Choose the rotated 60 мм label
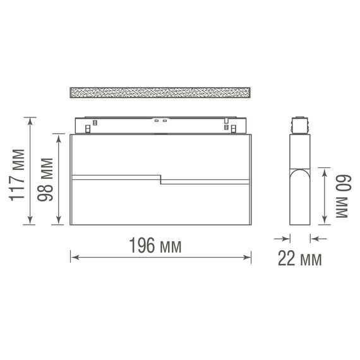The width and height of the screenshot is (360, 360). [x=341, y=196]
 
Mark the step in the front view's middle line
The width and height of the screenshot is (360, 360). [x=160, y=179]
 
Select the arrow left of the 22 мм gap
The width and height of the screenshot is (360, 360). [x=286, y=238]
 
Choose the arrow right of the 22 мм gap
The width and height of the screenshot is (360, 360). [x=314, y=238]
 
